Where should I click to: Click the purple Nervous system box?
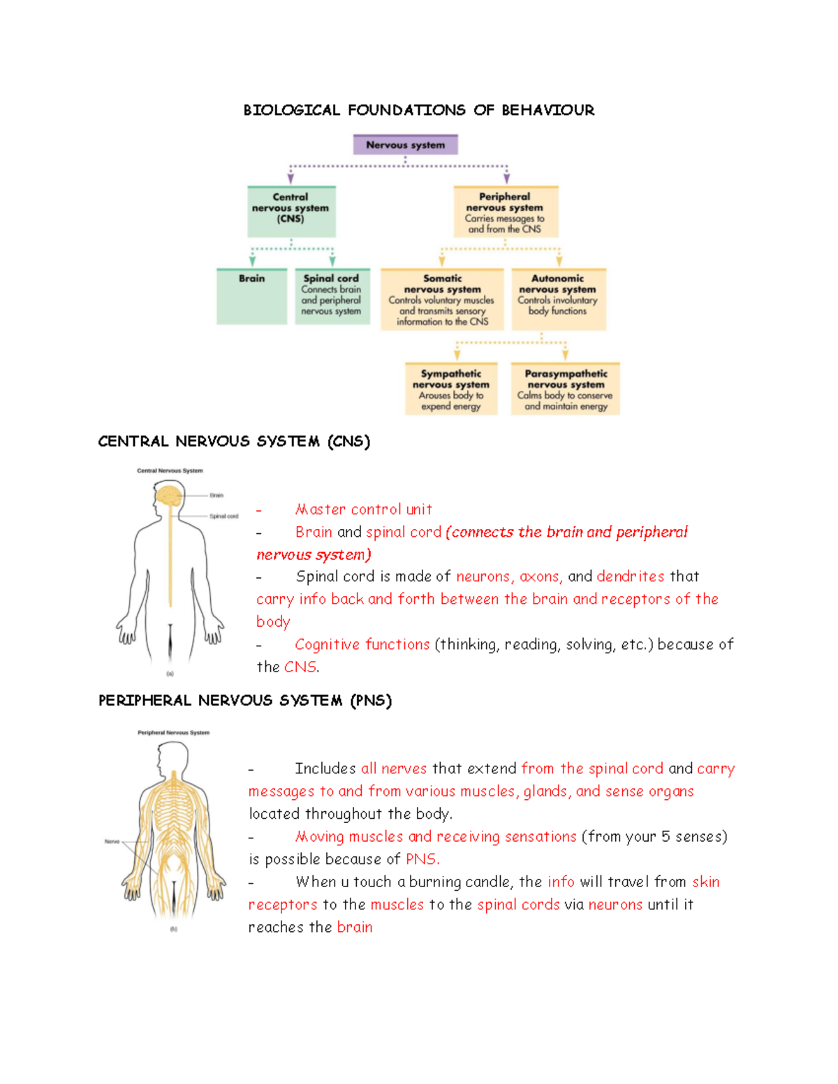point(405,144)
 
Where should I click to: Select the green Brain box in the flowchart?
point(251,297)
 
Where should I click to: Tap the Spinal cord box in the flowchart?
point(332,297)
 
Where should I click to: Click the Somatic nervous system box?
point(442,299)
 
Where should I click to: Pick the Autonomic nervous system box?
point(558,299)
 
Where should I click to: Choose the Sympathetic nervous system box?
point(451,389)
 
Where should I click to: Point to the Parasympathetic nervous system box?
point(566,389)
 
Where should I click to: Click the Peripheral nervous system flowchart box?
point(506,211)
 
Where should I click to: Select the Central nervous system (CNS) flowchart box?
point(291,211)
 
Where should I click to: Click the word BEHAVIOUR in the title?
point(547,110)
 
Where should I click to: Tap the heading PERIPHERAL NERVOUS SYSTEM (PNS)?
point(244,700)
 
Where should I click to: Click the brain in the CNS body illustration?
point(168,496)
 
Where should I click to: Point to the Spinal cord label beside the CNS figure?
point(223,517)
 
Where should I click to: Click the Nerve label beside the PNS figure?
point(112,842)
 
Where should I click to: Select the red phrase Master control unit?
point(363,510)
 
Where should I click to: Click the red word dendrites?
point(630,577)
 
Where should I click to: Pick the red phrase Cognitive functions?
point(362,644)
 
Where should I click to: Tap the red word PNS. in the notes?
point(422,859)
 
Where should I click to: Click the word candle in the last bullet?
point(489,882)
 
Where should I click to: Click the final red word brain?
point(355,928)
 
